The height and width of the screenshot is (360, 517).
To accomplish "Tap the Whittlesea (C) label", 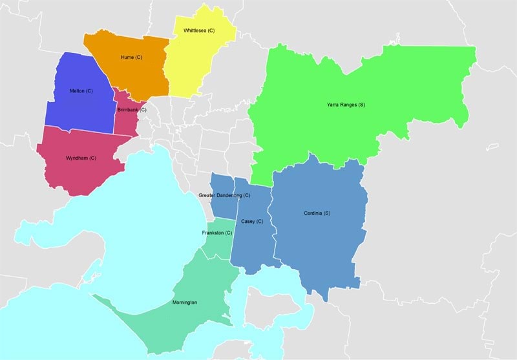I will tap(199, 30).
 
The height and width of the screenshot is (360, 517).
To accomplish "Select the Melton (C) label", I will tap(81, 91).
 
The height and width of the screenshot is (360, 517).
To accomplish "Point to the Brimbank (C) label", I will tap(132, 110).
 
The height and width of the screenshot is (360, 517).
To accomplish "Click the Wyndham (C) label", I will tap(81, 158).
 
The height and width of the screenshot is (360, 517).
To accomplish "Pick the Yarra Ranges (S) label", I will tap(346, 105).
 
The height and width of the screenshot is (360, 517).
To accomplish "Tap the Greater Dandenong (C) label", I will tap(224, 195).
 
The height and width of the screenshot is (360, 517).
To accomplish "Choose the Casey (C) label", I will tap(252, 221).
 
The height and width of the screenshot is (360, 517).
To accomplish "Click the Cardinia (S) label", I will tap(317, 213).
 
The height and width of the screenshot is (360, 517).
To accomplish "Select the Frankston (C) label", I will tap(216, 232).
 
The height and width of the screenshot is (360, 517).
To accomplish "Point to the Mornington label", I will tap(185, 302).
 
